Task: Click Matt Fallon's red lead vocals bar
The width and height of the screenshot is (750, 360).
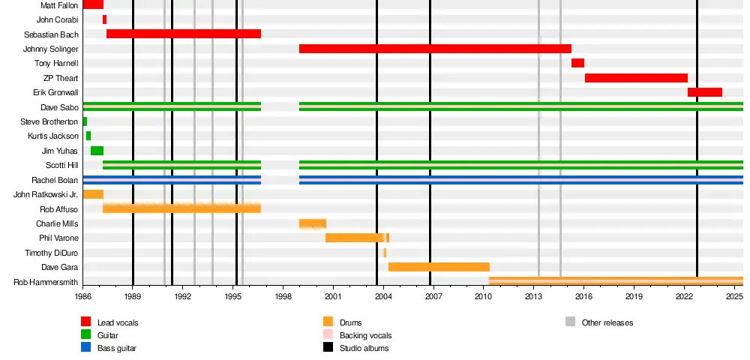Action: point(92,5)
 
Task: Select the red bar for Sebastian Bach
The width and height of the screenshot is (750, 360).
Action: point(184,34)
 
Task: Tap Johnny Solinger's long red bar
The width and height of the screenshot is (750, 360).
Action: point(435,49)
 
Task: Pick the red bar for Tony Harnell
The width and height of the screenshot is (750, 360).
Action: point(577,63)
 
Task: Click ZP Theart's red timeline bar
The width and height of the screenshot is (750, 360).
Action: point(636,78)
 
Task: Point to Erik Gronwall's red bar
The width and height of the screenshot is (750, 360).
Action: point(704,92)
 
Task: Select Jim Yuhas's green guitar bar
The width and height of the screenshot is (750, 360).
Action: point(97,151)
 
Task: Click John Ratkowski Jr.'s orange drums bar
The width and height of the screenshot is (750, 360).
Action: point(92,194)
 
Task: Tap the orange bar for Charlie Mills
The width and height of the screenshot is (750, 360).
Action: point(312,223)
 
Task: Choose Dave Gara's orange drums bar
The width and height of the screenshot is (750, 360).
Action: point(439,267)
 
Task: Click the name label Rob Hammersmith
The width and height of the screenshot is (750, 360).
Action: point(46,282)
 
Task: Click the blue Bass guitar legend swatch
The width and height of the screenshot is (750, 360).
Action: point(86,348)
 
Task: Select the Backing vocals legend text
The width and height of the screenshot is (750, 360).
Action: point(365,335)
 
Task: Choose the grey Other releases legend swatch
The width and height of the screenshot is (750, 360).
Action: point(570,322)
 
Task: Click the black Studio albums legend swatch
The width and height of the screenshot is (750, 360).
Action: point(328,348)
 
